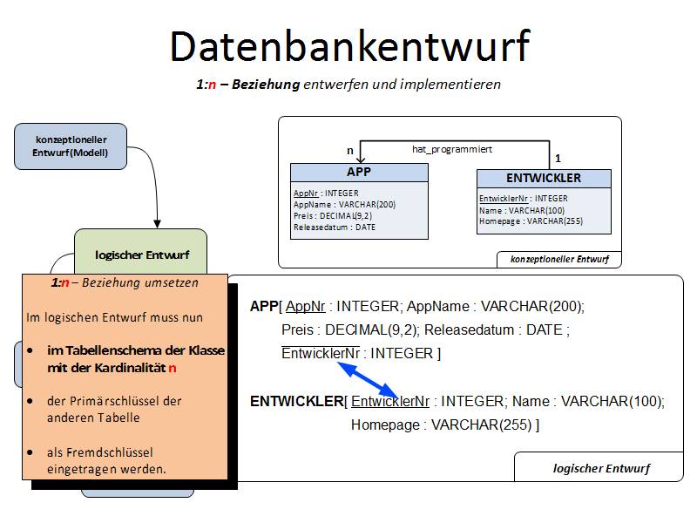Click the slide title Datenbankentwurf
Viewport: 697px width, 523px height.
point(348,46)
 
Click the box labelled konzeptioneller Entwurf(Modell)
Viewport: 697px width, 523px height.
point(71,146)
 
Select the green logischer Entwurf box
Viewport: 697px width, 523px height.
point(140,254)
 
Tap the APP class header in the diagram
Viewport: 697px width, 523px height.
point(359,172)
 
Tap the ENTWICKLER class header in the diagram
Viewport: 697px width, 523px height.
point(544,178)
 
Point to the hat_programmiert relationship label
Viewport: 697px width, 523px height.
point(452,149)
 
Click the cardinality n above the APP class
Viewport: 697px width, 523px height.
point(350,151)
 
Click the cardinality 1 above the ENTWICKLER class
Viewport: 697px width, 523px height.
point(558,158)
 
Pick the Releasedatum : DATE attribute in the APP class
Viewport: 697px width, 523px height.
point(335,227)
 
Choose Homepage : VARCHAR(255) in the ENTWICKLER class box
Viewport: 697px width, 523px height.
point(531,221)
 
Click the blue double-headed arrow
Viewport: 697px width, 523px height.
point(368,382)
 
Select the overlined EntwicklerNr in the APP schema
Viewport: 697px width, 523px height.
point(321,353)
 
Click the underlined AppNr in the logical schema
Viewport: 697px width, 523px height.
point(305,306)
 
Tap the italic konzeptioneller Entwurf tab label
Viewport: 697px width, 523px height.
point(559,259)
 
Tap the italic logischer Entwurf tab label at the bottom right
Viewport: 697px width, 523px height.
point(601,468)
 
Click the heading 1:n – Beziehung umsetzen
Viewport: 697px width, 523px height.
point(125,282)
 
